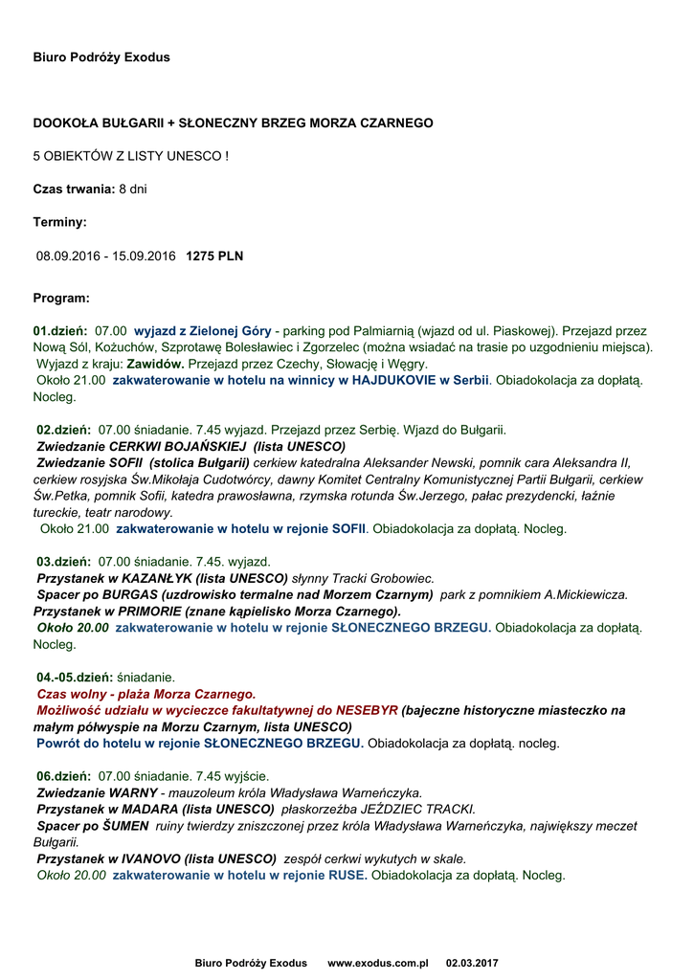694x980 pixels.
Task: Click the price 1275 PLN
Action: pyautogui.click(x=214, y=256)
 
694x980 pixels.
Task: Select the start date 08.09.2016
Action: pyautogui.click(x=67, y=256)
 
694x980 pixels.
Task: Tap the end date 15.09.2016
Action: pyautogui.click(x=145, y=256)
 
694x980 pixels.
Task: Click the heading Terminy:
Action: pyautogui.click(x=59, y=222)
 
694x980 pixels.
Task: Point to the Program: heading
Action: pyautogui.click(x=61, y=298)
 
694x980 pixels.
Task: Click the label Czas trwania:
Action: pyautogui.click(x=74, y=189)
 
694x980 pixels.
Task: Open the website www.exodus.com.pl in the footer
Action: pyautogui.click(x=377, y=963)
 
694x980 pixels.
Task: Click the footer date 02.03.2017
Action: pyautogui.click(x=472, y=963)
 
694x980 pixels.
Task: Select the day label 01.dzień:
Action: pyautogui.click(x=60, y=330)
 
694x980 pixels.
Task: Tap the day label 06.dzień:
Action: pyautogui.click(x=63, y=775)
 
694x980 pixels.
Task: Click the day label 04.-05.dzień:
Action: pyautogui.click(x=74, y=677)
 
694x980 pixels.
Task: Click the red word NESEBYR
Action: pyautogui.click(x=367, y=710)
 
